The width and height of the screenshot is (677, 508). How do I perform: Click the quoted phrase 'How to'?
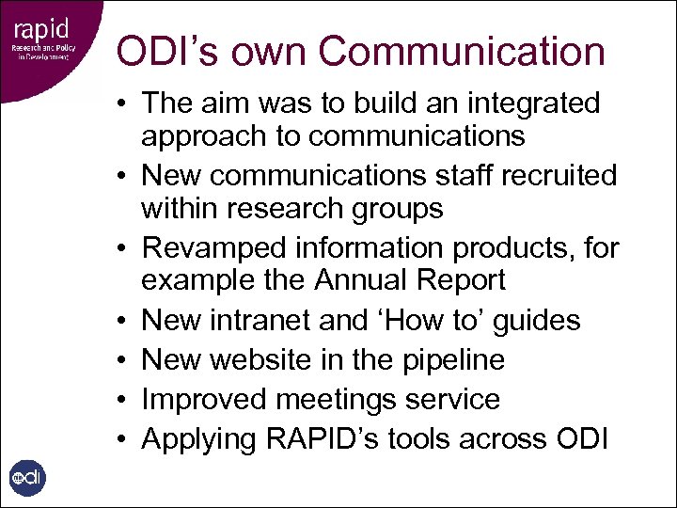coord(428,321)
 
